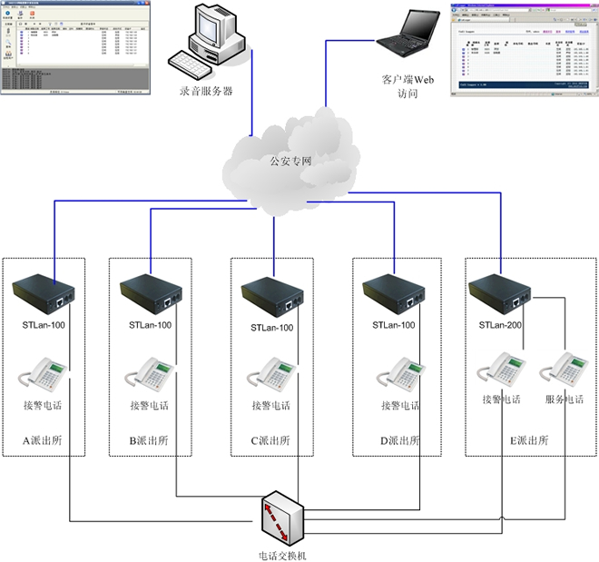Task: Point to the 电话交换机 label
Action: click(283, 554)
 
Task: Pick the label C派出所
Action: click(270, 440)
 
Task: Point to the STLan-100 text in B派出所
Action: click(150, 324)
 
